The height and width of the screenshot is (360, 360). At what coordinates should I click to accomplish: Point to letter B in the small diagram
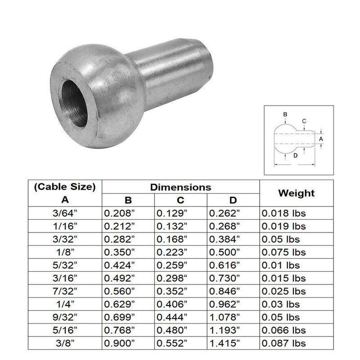tap(285, 115)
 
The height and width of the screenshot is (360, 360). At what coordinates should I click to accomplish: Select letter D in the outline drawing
tap(295, 156)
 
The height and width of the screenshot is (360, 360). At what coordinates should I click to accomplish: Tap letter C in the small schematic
tap(304, 121)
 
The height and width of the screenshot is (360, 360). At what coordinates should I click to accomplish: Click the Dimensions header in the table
tap(180, 186)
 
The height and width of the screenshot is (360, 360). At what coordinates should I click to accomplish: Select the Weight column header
tap(296, 193)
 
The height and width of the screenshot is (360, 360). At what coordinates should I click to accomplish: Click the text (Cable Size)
tap(65, 186)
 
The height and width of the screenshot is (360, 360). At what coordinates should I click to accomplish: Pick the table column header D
tap(233, 200)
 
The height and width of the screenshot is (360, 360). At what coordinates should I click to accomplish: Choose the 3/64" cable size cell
tap(65, 213)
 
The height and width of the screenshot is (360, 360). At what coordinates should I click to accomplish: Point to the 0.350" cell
tap(119, 252)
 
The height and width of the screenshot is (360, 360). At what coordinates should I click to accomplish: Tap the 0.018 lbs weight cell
tap(282, 213)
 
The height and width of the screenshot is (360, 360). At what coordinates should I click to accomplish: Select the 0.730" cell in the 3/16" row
tap(224, 279)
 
